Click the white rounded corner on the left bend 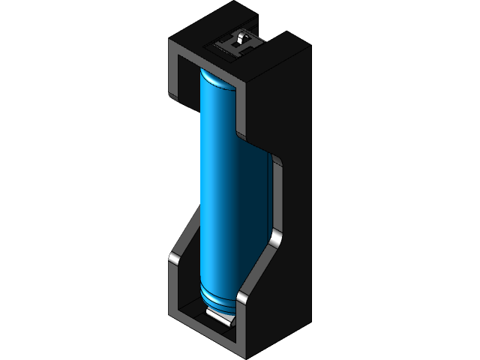[x=171, y=259]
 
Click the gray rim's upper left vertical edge [x=171, y=75]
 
